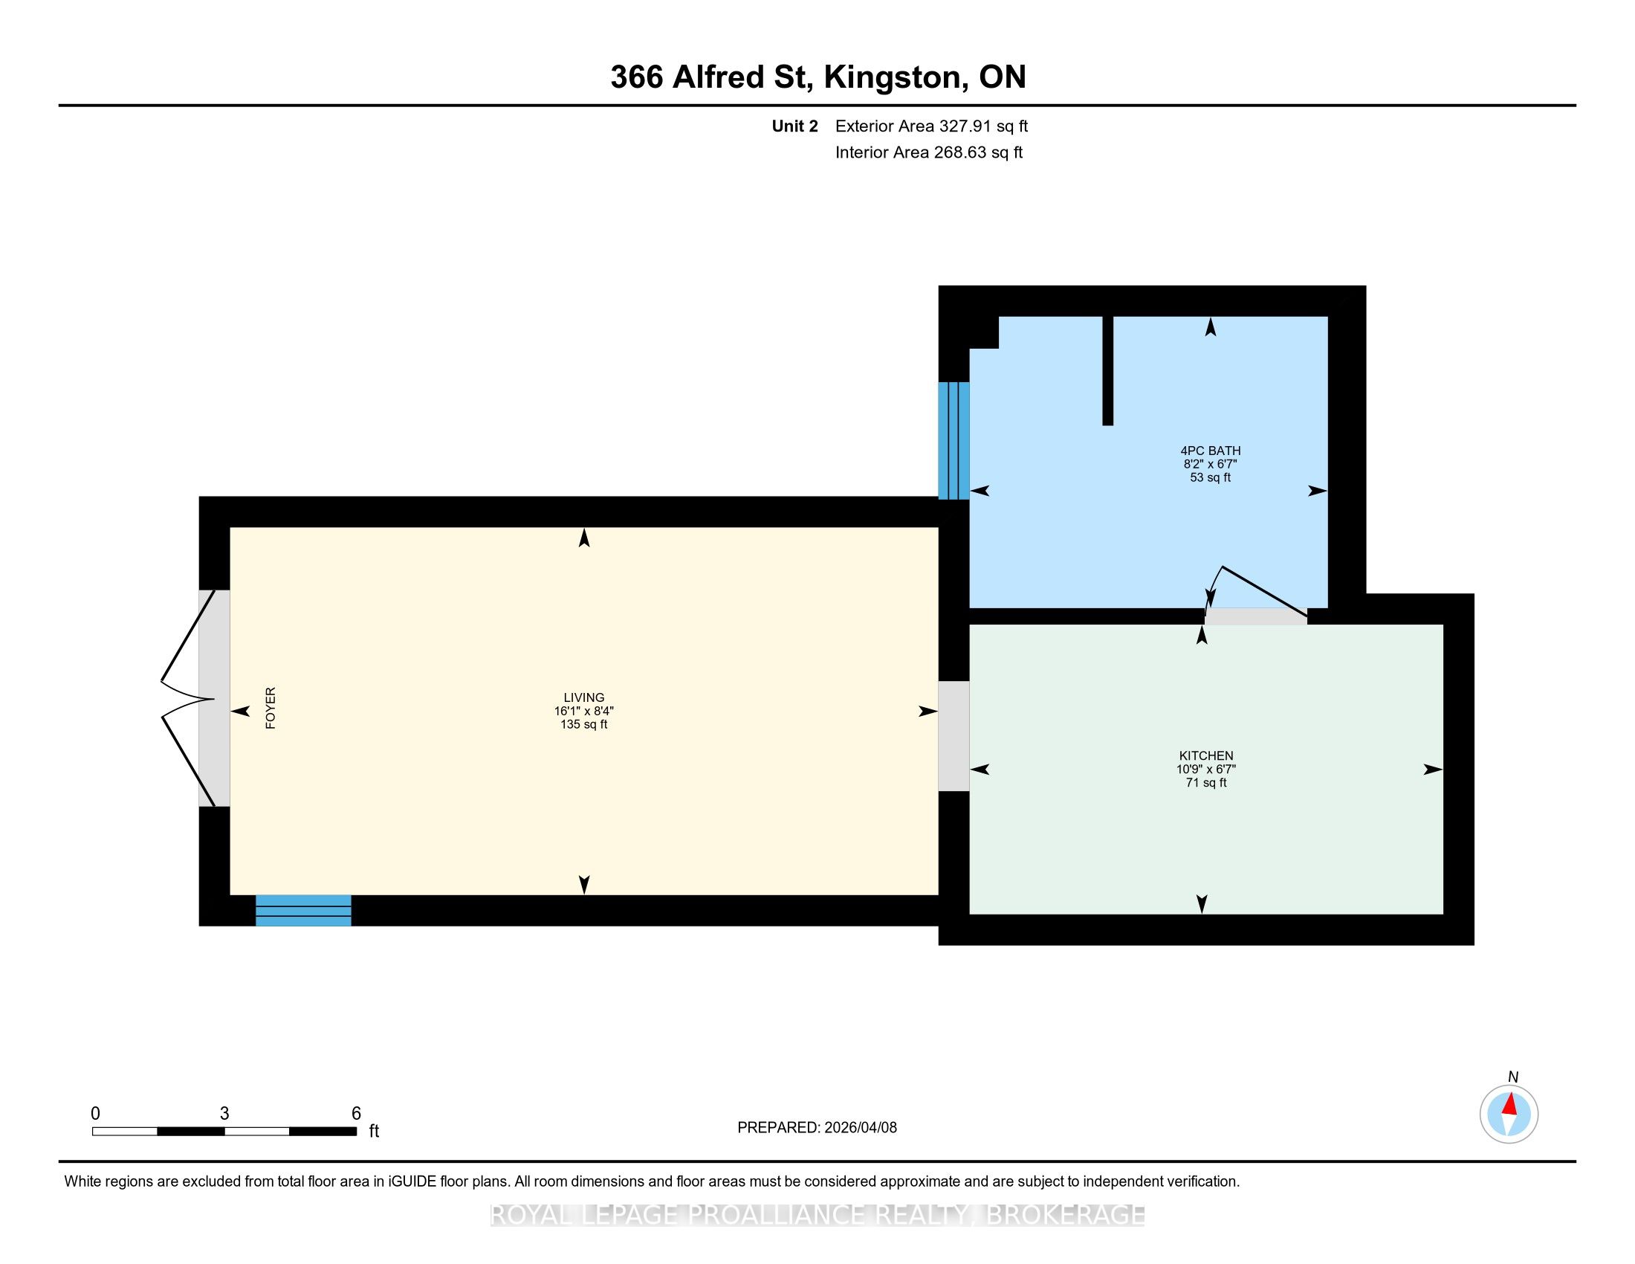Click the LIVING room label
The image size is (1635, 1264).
[x=584, y=697]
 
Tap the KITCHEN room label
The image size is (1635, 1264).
[x=1206, y=755]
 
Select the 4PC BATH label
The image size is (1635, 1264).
[x=1211, y=451]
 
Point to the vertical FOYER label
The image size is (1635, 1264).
[x=271, y=708]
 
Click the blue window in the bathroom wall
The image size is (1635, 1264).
[x=954, y=440]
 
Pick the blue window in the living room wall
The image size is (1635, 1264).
[x=303, y=910]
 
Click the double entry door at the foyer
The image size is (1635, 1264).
[x=189, y=699]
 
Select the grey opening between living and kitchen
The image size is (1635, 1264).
[x=954, y=735]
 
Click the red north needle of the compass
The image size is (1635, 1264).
[x=1509, y=1104]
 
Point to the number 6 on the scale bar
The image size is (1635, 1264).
[x=356, y=1113]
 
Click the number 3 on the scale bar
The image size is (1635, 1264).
[x=224, y=1113]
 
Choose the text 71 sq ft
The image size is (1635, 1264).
[x=1206, y=782]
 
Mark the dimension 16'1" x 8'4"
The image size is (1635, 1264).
[x=584, y=711]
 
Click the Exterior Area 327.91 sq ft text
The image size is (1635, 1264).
[x=931, y=126]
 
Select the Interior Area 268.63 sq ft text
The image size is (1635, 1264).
[x=929, y=152]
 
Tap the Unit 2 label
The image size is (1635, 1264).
[x=795, y=126]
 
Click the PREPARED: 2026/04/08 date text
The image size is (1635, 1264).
[x=817, y=1127]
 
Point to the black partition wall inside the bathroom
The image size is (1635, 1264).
[x=1108, y=371]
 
